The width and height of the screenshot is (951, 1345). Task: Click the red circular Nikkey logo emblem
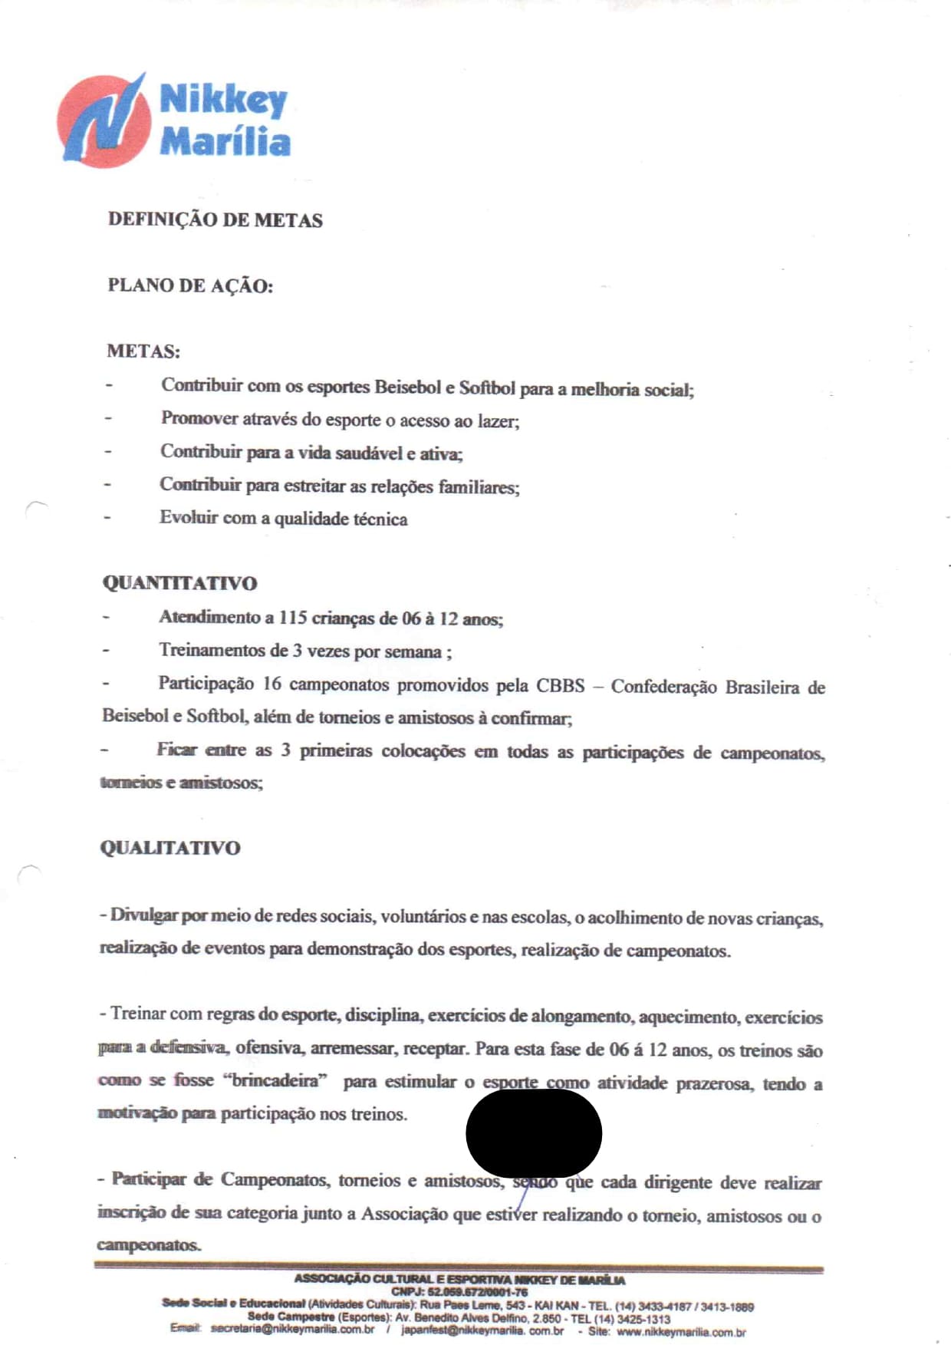(104, 121)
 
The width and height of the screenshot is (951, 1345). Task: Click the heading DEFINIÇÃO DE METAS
(215, 220)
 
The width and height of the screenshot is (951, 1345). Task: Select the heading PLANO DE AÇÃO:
(190, 285)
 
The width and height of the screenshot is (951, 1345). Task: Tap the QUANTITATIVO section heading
(179, 583)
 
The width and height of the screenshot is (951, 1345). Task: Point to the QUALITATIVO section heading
(169, 848)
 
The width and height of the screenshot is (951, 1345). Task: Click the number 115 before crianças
(292, 618)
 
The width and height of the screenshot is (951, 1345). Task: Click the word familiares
(479, 486)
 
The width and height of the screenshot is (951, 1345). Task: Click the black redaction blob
(534, 1132)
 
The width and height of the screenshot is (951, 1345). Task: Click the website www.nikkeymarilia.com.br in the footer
(680, 1332)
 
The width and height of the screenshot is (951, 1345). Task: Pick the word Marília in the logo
(225, 142)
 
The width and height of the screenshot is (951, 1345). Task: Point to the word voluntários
(423, 917)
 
